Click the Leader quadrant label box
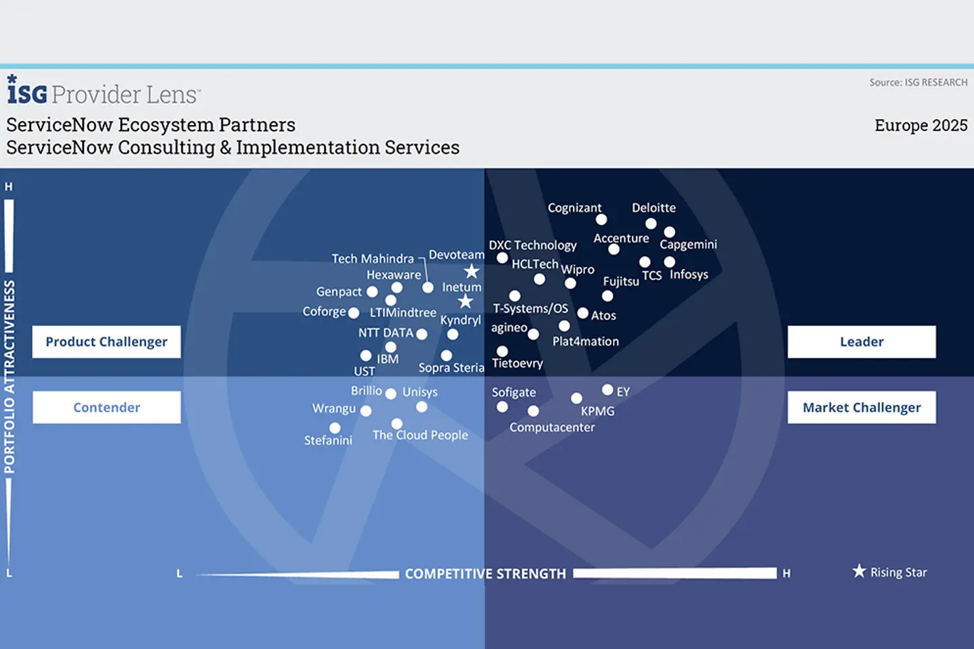point(861,341)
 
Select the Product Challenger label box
point(106,341)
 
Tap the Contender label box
point(106,407)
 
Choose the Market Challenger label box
point(861,407)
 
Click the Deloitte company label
point(653,208)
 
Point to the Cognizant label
point(574,208)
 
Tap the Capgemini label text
point(688,244)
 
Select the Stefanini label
point(328,440)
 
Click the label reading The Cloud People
point(420,435)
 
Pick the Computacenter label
point(552,427)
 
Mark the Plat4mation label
point(585,341)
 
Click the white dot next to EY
point(607,389)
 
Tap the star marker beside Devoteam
point(471,272)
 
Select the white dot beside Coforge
point(354,313)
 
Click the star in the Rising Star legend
point(859,571)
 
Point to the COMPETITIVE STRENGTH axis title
point(485,573)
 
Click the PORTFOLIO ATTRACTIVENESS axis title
point(9,376)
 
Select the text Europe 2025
point(921,125)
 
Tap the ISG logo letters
point(27,92)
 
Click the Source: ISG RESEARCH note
point(918,82)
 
